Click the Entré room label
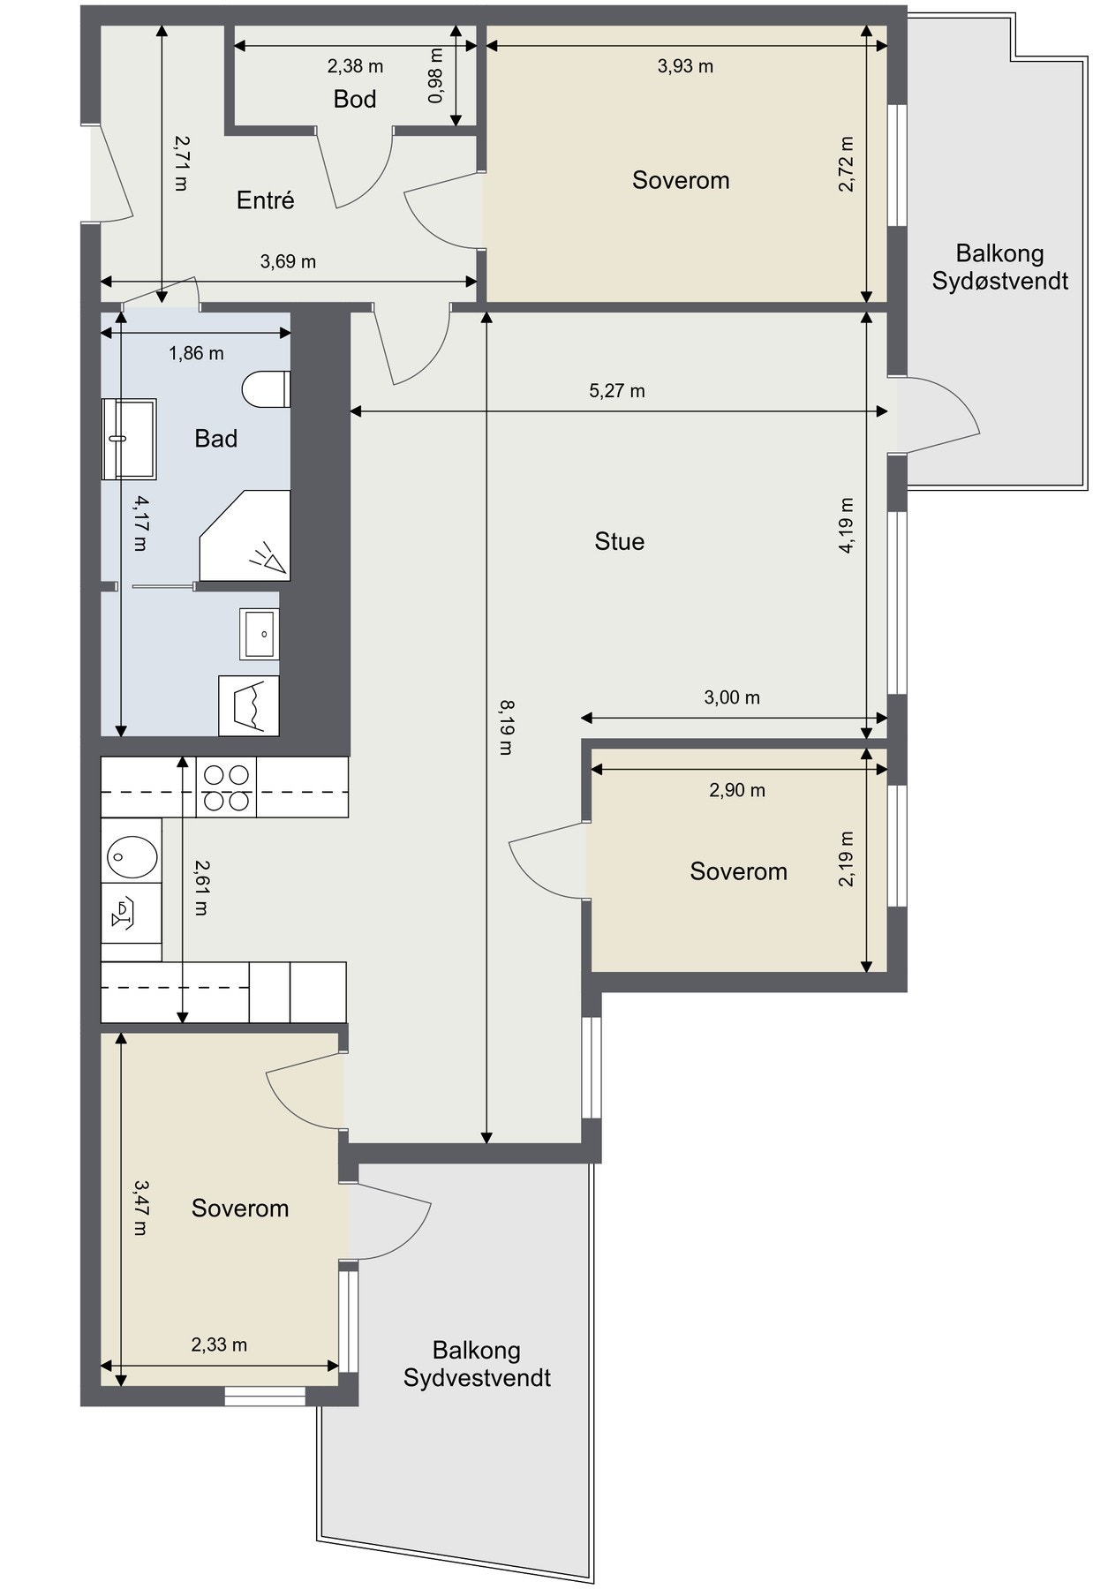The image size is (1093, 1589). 265,200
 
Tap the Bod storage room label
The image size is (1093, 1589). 355,99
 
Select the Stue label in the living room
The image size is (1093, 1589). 620,541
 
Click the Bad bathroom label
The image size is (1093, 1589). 216,439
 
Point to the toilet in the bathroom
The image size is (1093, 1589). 266,390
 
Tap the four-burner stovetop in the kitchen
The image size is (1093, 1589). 226,787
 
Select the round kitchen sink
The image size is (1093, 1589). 132,855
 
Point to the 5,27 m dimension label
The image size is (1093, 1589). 617,390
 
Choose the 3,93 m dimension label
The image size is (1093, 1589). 686,66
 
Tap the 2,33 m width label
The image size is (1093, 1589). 219,1344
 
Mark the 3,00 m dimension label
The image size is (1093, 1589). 732,697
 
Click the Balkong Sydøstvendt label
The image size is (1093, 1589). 1000,267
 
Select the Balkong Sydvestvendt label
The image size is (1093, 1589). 477,1364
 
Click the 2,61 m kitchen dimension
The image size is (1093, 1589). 200,887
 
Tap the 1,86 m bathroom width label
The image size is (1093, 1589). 196,354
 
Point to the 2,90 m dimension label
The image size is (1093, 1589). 737,790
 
